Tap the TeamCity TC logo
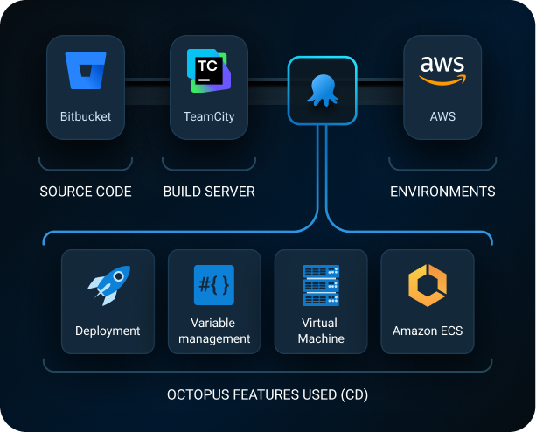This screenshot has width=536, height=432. (x=208, y=69)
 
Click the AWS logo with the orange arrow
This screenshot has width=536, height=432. (x=442, y=71)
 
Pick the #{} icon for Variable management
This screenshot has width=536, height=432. (x=214, y=284)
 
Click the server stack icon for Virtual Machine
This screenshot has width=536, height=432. (x=321, y=285)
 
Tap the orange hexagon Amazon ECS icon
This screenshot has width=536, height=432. (x=428, y=285)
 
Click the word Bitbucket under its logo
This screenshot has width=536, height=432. (x=86, y=115)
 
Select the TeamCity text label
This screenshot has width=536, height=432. (x=208, y=115)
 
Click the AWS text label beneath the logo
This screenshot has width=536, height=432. (x=442, y=115)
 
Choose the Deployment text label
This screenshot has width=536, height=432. (x=108, y=331)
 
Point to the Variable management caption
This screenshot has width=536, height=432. (x=214, y=331)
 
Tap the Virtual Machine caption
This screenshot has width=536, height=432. (x=321, y=331)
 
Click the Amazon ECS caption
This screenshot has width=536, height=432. (x=428, y=331)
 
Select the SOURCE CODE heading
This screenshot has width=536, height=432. (x=86, y=192)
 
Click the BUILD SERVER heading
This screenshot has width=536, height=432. (x=208, y=192)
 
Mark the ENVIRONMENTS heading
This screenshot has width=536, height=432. (x=442, y=192)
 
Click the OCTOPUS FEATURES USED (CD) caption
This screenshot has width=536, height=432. (x=268, y=395)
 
